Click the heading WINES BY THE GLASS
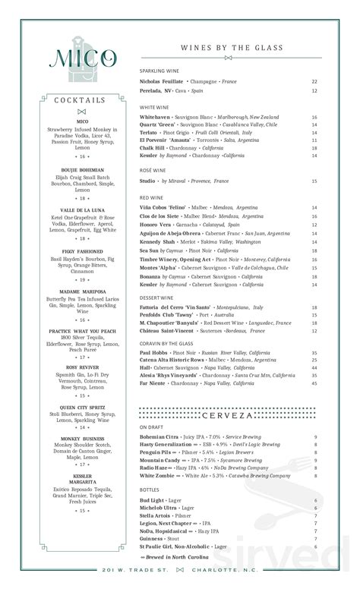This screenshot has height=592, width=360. point(230,47)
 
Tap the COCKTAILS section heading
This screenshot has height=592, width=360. point(81,100)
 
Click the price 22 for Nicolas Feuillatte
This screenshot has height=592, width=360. point(314,81)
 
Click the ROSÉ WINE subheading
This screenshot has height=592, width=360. point(153,171)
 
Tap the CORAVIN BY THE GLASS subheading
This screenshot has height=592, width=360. point(166,343)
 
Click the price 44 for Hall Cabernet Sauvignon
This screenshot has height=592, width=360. point(314,368)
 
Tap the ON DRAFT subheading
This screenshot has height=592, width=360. point(153,427)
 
